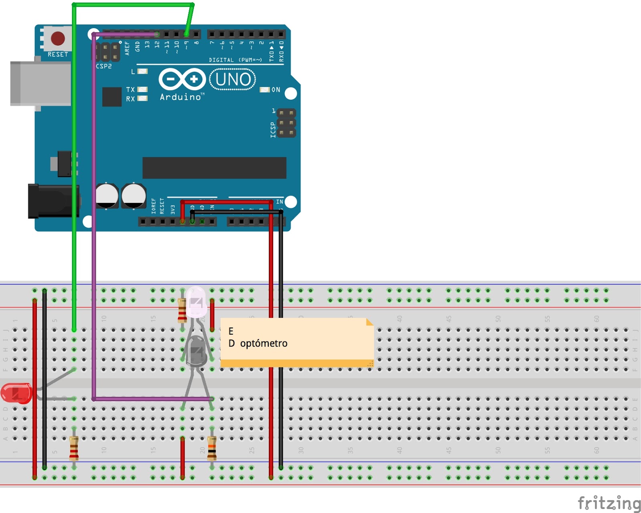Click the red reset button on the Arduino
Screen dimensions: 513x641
coord(58,38)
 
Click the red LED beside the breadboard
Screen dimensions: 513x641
coord(16,393)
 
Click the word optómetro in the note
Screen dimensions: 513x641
coord(264,343)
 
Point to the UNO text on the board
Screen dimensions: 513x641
coord(233,79)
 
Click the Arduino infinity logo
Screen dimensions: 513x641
coord(182,79)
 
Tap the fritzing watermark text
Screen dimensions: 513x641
coord(609,503)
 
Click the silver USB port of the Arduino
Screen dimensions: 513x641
coord(40,83)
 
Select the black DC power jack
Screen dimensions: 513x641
coord(52,200)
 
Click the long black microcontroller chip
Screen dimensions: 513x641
coord(214,168)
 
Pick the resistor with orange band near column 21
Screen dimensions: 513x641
coord(212,448)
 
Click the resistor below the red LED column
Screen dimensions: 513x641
coord(74,448)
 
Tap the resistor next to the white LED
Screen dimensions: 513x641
coord(182,311)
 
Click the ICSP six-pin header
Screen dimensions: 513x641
coord(286,123)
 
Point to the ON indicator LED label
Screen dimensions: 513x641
coord(276,90)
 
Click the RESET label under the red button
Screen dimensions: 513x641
coord(58,55)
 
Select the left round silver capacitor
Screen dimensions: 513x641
coord(107,196)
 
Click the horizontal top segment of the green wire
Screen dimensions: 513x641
coord(132,5)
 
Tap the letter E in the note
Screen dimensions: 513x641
coord(231,331)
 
